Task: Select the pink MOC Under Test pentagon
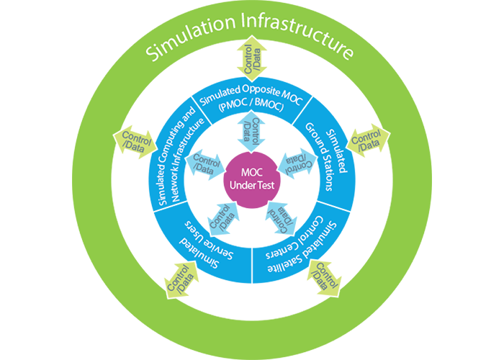tap(252, 177)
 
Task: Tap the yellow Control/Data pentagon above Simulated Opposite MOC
tap(252, 63)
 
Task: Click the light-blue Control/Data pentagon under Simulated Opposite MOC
tap(252, 130)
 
